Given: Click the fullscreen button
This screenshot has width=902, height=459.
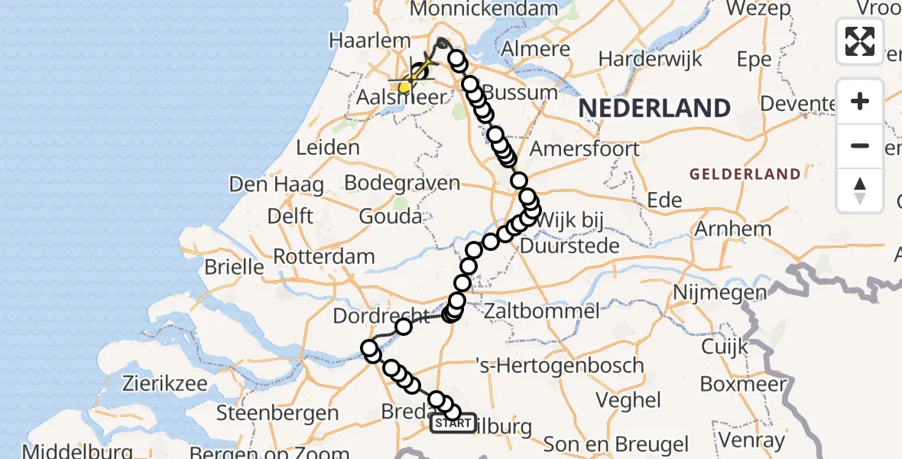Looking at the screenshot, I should click(x=860, y=41).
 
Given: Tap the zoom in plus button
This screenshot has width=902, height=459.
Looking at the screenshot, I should click(x=860, y=102).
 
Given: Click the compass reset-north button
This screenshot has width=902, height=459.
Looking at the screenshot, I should click(x=860, y=190).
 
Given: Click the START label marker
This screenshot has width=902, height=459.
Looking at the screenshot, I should click(x=453, y=424).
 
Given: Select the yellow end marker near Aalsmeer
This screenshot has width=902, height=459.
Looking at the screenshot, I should click(x=404, y=88).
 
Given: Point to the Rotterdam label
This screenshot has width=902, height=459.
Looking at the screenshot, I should click(x=324, y=256).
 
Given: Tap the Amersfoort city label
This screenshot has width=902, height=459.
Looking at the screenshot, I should click(x=585, y=148).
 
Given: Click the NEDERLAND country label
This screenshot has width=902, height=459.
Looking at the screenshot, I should click(x=654, y=108).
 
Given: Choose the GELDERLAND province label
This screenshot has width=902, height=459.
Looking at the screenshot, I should click(x=745, y=174).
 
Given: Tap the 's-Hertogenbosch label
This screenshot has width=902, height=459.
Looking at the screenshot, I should click(x=560, y=366).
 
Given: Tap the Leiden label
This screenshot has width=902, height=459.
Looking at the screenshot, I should click(x=327, y=148).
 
